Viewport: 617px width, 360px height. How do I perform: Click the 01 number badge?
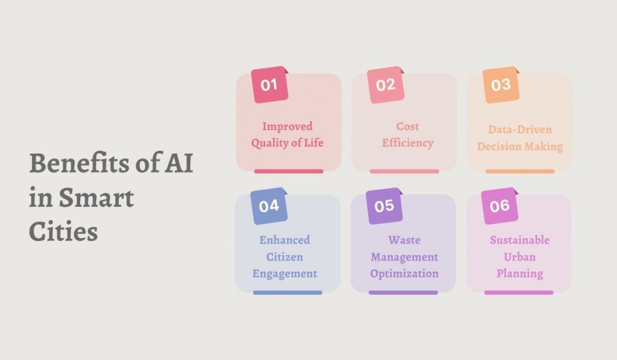[x=269, y=84]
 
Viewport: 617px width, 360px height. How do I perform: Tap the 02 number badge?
[x=385, y=84]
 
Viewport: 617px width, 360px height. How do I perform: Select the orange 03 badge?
[x=501, y=84]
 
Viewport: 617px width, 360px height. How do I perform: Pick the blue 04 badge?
[x=269, y=206]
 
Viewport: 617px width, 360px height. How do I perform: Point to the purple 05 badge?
[x=384, y=206]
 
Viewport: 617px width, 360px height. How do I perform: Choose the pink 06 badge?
[x=500, y=206]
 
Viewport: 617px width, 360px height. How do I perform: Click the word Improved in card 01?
[x=287, y=127]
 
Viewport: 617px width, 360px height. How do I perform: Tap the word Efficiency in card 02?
[x=408, y=144]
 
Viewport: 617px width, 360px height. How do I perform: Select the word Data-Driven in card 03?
[x=520, y=130]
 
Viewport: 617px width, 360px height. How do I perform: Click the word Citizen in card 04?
[x=284, y=257]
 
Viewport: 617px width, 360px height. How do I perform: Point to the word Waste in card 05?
[x=404, y=240]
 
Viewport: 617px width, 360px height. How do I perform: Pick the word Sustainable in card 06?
[x=519, y=240]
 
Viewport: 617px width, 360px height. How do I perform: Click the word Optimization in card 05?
[x=404, y=274]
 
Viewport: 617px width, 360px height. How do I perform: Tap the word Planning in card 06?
[x=519, y=274]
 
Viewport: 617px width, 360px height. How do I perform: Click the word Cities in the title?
[x=63, y=232]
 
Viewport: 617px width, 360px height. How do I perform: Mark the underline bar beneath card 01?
[x=289, y=171]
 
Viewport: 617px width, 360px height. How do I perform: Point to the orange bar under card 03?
[x=519, y=171]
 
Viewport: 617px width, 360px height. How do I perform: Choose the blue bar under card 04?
[x=287, y=292]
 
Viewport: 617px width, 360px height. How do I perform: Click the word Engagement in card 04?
[x=284, y=274]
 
